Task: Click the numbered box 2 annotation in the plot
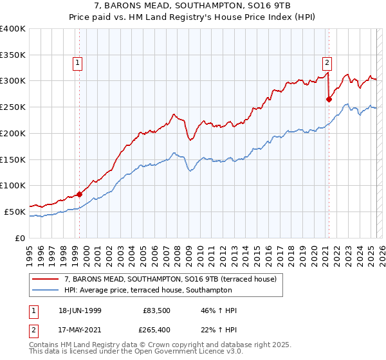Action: point(327,62)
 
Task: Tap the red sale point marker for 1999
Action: point(80,194)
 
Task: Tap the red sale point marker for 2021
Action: point(329,99)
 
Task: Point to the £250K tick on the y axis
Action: point(13,107)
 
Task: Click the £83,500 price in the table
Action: point(156,310)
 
